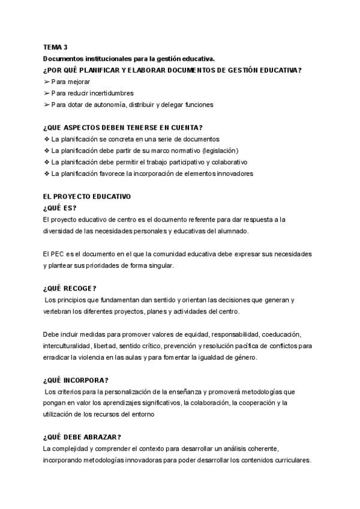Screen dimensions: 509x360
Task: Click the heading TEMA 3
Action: (x=56, y=47)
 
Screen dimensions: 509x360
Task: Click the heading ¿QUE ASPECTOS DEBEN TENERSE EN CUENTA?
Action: (x=123, y=127)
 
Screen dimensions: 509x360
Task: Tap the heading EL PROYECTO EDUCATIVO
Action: (x=87, y=196)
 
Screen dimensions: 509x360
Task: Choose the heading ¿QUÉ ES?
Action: (x=60, y=208)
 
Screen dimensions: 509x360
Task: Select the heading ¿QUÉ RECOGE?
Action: (x=70, y=288)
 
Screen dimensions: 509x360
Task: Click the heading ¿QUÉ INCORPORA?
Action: (x=76, y=380)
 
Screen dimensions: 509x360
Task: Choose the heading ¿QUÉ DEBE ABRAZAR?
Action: (x=82, y=437)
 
